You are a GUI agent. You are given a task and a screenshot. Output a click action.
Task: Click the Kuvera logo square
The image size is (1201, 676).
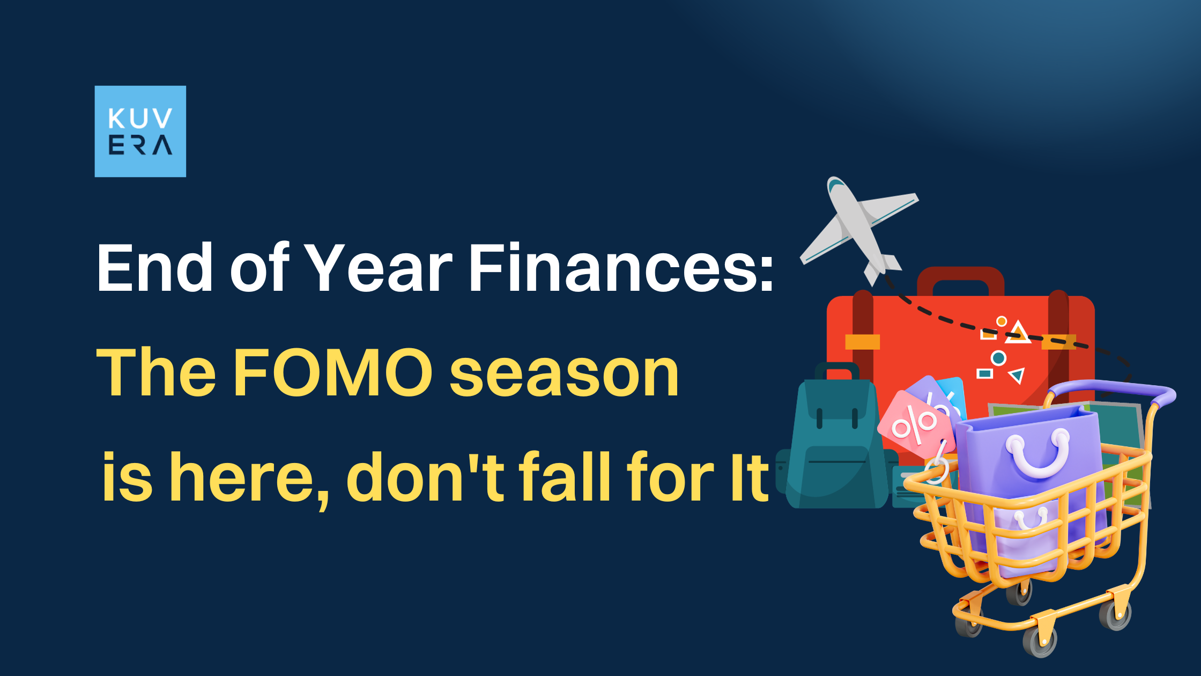(140, 131)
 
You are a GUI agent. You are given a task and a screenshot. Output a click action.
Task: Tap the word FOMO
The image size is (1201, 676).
(333, 372)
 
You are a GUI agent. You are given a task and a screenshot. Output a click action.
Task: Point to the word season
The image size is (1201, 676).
(564, 373)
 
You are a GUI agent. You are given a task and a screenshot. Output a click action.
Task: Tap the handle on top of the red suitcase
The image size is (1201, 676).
(960, 276)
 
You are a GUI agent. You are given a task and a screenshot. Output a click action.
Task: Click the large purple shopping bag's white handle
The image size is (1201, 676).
(1038, 456)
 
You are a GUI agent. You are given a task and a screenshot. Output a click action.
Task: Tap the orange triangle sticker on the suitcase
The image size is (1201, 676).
(1018, 333)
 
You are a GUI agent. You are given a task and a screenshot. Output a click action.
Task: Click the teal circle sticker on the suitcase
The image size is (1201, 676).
(998, 358)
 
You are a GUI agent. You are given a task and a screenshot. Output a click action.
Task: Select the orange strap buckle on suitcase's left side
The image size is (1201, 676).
(862, 342)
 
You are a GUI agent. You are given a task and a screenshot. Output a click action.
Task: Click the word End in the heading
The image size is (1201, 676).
(155, 268)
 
